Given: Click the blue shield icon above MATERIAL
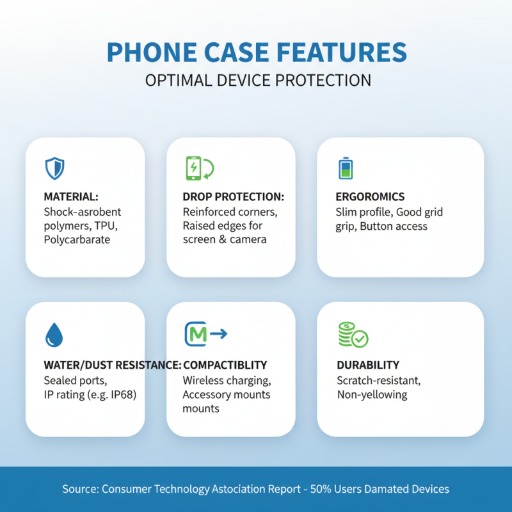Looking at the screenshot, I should (54, 168).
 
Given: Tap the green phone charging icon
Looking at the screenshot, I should (199, 168).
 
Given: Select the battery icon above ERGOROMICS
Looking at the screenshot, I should (346, 168).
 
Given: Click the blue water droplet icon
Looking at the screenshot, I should (54, 334).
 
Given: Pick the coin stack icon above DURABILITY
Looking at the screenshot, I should (353, 334).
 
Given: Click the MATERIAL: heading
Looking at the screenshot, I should (71, 197).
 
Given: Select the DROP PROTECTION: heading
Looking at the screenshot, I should (233, 197).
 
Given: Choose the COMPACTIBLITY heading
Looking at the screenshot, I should (225, 365).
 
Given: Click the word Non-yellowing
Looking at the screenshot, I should (372, 394).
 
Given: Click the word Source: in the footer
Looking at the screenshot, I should (80, 489).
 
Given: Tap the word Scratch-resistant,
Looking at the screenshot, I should (378, 380).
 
